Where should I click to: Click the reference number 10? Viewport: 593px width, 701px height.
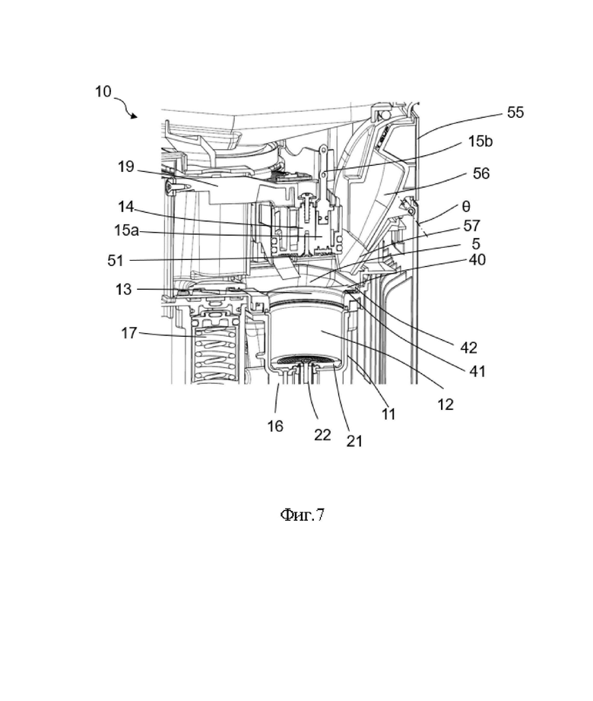(103, 91)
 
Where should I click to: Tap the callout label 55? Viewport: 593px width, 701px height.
(515, 113)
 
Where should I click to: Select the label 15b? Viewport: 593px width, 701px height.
(480, 141)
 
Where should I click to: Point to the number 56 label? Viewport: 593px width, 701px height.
(481, 173)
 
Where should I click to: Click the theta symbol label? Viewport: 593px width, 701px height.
(466, 207)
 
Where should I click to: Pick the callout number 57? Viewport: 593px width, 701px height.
(472, 227)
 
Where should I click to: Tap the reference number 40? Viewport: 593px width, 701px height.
(477, 260)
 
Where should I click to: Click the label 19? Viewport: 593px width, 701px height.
(126, 167)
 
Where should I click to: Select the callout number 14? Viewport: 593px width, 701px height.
(126, 207)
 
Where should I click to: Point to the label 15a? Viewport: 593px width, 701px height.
(126, 230)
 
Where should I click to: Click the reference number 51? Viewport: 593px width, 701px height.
(116, 260)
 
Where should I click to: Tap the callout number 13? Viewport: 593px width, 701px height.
(124, 289)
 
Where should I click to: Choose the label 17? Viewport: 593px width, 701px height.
(129, 333)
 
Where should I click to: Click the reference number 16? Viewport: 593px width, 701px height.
(275, 426)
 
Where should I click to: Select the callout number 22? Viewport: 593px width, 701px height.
(322, 435)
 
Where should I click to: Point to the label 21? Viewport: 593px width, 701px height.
(354, 441)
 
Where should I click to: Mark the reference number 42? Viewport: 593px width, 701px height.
(469, 347)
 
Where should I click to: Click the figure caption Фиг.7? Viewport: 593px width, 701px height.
(302, 515)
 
